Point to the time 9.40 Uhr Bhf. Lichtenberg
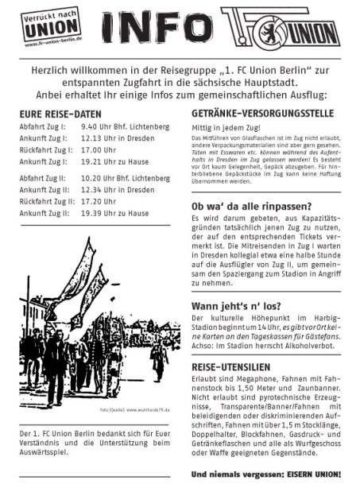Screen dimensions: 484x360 tap(126, 127)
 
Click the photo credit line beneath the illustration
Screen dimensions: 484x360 tap(133, 410)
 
